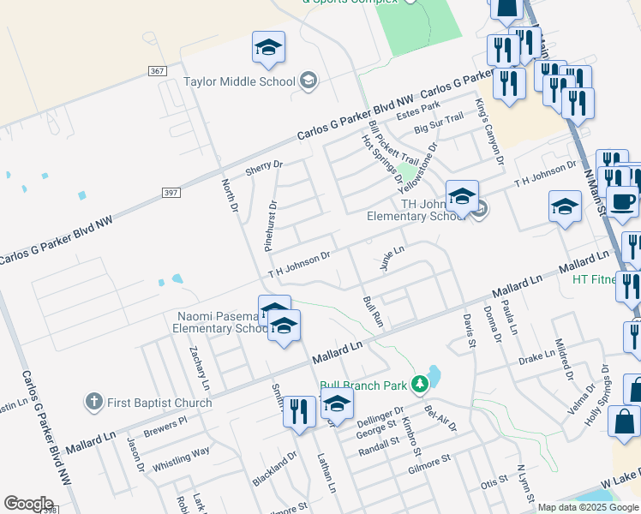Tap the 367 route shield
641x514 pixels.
[x=156, y=71]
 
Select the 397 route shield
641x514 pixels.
[x=171, y=193]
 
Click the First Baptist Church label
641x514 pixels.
[x=159, y=403]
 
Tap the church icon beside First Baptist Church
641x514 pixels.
[x=94, y=402]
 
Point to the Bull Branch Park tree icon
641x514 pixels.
[x=419, y=384]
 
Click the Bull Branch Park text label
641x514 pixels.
[x=363, y=385]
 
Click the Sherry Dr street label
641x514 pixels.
[x=264, y=166]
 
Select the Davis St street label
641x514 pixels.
[x=469, y=331]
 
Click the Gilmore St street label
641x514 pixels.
[x=429, y=463]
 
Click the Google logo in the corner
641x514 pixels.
[x=28, y=504]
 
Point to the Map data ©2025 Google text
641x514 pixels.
[x=588, y=507]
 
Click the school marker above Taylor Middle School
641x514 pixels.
[x=268, y=49]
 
